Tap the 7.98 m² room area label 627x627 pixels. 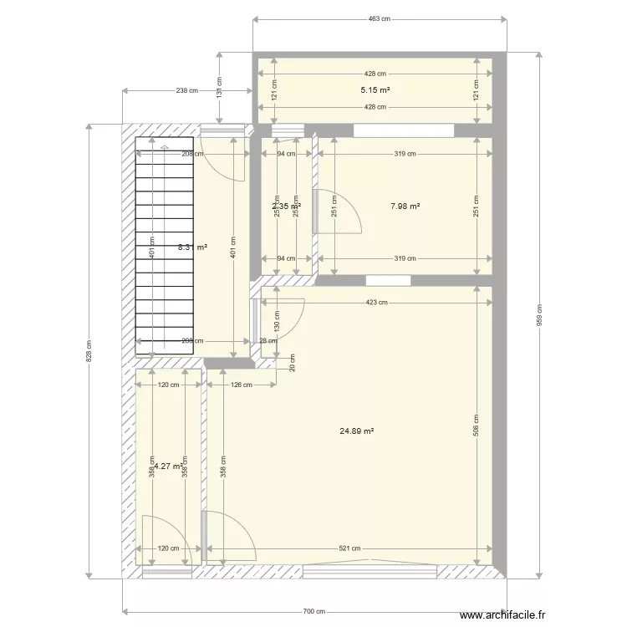point(405,206)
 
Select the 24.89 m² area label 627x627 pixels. point(356,431)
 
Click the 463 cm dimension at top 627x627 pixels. point(380,18)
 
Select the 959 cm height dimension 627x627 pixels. point(539,315)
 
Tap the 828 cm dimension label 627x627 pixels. point(89,350)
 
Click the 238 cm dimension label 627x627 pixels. point(187,90)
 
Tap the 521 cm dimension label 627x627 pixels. point(349,549)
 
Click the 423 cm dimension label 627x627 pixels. point(375,303)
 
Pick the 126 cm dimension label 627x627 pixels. point(242,385)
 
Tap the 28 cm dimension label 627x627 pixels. point(267,340)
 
